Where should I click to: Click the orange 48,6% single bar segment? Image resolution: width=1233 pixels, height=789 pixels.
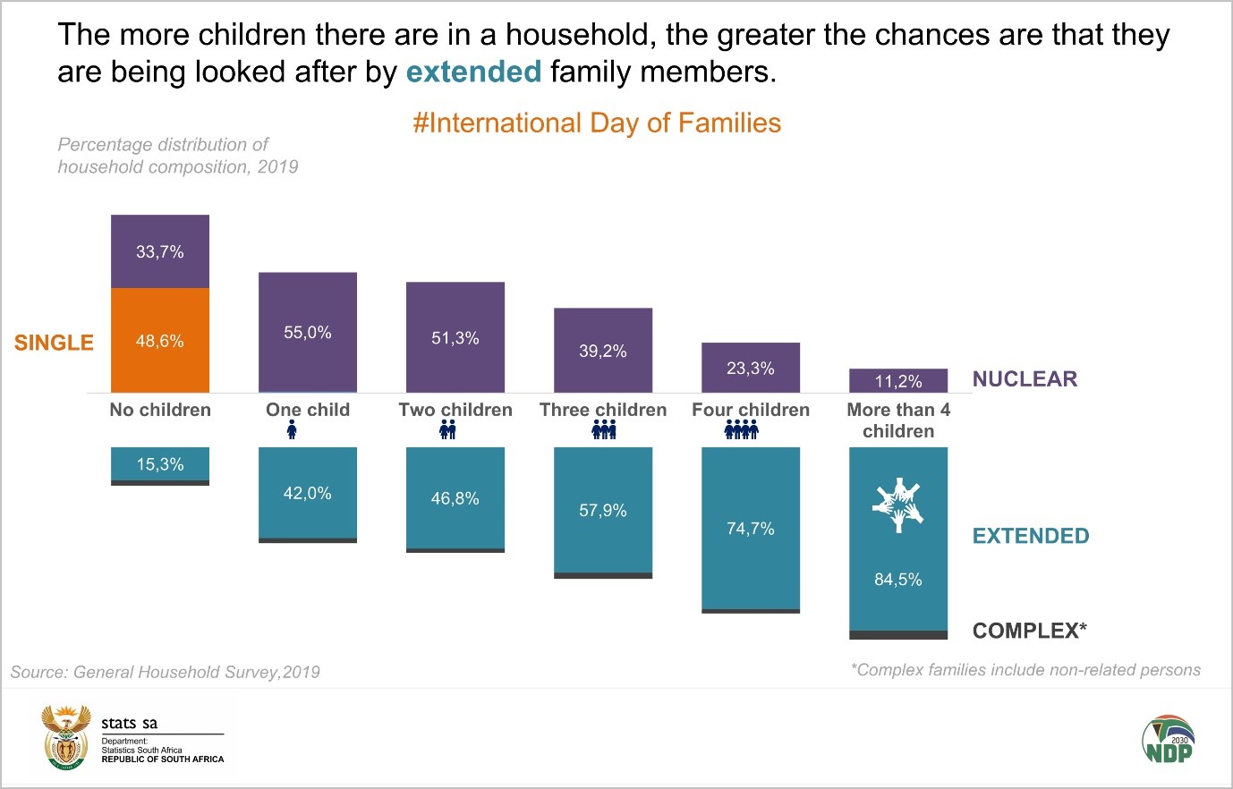[160, 341]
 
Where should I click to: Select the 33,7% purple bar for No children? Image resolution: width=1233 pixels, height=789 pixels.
[160, 251]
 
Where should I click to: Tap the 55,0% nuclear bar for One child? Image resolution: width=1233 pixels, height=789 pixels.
[308, 332]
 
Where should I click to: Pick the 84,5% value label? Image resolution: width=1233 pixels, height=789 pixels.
[898, 580]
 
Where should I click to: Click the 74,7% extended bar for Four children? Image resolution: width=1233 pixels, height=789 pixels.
[751, 529]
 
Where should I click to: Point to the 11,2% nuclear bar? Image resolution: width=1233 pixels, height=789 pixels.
[898, 381]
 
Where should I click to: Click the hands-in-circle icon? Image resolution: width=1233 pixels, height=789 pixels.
[897, 505]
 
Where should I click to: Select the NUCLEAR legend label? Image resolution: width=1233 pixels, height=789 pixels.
[1025, 379]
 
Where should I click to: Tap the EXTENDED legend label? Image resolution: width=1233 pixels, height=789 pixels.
[1031, 536]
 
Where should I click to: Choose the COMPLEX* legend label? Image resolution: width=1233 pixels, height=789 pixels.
[1030, 631]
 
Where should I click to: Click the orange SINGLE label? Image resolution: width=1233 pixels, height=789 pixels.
[54, 343]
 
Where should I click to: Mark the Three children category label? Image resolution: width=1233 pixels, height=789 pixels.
[603, 410]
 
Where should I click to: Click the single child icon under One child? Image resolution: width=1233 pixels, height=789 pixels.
[292, 431]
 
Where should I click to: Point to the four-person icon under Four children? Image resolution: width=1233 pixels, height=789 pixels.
[741, 431]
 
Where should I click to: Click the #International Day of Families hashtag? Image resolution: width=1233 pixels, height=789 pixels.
[597, 123]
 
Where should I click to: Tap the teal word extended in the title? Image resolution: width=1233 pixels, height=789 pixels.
[473, 72]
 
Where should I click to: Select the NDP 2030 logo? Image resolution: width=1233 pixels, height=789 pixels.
[1168, 739]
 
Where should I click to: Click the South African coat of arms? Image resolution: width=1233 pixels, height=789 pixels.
[66, 738]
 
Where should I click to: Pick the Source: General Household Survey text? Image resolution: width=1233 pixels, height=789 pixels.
[166, 672]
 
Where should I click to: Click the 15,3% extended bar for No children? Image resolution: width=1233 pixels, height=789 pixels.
[160, 464]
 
